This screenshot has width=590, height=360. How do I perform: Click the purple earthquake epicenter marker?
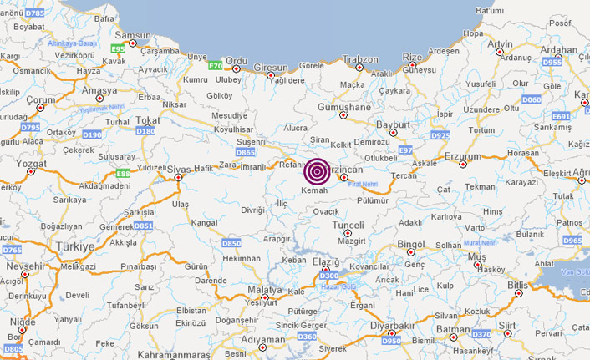[x=317, y=171]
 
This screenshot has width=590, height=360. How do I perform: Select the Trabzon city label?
[x=361, y=58]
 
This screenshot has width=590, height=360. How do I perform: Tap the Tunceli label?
[x=348, y=226]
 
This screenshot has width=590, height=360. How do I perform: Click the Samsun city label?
[x=132, y=35]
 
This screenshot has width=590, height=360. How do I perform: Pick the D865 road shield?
[x=246, y=153]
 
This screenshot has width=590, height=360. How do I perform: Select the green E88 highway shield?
[x=123, y=173]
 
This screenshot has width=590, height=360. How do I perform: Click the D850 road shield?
[x=231, y=243]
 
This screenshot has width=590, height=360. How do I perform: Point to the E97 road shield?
[x=406, y=150]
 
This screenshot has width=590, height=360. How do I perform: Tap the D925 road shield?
[x=440, y=134]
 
